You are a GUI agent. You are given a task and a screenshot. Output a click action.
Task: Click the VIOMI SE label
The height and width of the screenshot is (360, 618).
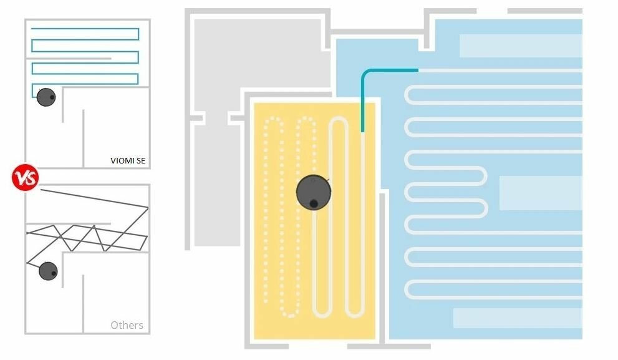[x=127, y=161]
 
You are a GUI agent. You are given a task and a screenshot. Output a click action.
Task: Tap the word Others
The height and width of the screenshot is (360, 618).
[x=127, y=325]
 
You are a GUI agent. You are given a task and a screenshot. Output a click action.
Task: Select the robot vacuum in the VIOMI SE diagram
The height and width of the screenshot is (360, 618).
[x=46, y=97]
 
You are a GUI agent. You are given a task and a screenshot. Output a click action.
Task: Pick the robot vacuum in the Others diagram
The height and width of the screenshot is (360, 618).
[x=48, y=271]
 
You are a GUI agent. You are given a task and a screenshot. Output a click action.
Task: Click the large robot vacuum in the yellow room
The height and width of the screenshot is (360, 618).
[x=313, y=192]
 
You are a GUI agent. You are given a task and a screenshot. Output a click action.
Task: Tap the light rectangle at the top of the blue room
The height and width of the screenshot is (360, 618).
[x=520, y=46]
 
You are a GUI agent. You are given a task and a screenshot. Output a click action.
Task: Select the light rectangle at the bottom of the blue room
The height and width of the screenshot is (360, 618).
[x=517, y=318]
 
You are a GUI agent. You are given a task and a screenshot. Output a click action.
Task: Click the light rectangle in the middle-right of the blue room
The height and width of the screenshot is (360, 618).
[x=540, y=193]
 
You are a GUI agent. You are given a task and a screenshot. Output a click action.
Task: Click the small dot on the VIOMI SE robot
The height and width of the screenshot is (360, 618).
[x=52, y=97]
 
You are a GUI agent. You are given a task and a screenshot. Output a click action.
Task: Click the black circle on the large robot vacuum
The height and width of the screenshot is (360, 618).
[x=314, y=202]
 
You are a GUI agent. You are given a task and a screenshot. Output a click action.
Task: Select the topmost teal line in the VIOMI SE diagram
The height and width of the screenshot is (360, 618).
[x=84, y=29]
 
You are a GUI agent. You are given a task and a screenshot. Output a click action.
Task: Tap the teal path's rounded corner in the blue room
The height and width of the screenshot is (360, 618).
[x=367, y=74]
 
